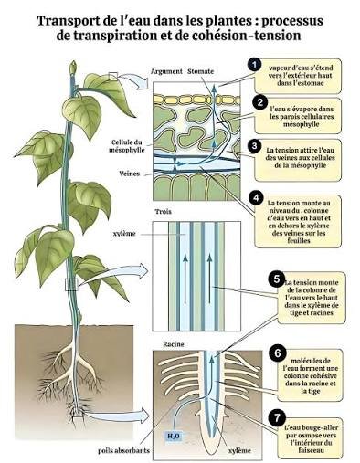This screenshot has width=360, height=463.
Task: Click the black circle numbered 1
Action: (255, 65)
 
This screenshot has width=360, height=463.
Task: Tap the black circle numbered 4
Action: (256, 197)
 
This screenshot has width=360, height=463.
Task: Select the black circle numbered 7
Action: (277, 417)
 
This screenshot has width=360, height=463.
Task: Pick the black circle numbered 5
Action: (277, 279)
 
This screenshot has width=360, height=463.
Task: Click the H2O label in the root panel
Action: (173, 437)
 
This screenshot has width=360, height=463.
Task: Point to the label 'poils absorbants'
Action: (123, 450)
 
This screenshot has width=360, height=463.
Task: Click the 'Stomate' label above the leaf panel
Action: (201, 71)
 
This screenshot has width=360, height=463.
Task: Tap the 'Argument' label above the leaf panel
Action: (166, 71)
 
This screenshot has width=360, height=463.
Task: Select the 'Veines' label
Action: (130, 174)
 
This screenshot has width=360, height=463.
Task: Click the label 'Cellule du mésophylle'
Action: (127, 146)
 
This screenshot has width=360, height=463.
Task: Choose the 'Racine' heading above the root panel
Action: (174, 344)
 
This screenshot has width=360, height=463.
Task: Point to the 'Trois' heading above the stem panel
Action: (164, 211)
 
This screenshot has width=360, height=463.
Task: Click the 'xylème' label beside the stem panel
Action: (123, 234)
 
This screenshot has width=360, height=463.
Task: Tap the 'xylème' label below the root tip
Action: (240, 450)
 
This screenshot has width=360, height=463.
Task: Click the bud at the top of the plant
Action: (73, 68)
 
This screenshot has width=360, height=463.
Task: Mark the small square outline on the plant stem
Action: (71, 284)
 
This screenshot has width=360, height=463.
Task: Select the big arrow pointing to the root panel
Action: (117, 415)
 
